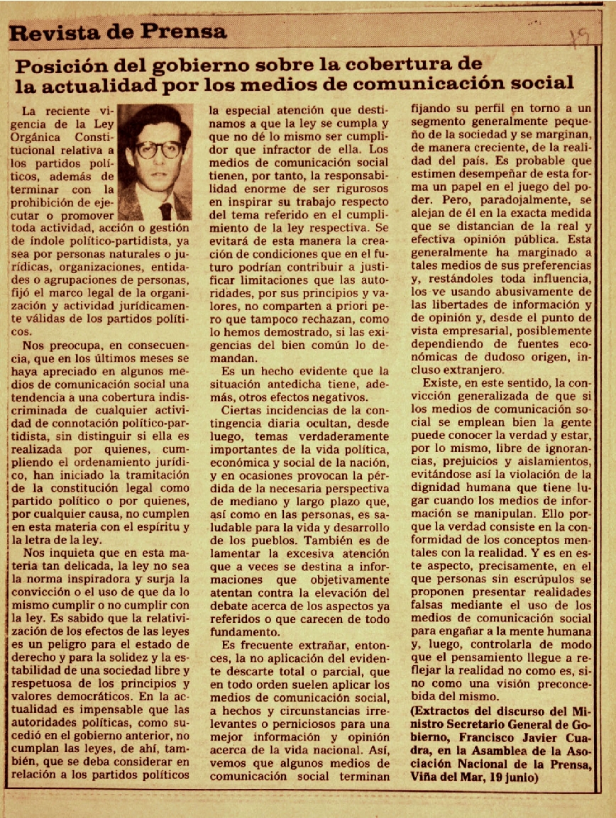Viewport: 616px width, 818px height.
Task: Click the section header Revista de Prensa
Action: pos(119,31)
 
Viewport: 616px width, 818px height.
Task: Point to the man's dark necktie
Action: pos(165,210)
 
